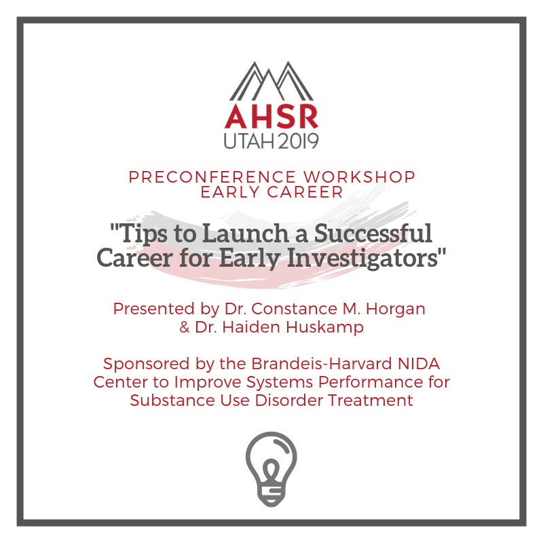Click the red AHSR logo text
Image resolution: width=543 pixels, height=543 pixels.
271,116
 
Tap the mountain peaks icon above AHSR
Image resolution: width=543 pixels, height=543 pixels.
271,81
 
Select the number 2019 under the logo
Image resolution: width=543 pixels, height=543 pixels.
298,141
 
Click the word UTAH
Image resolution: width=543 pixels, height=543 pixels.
249,141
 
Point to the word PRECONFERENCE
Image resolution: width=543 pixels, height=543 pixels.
212,177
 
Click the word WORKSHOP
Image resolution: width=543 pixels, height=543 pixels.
360,177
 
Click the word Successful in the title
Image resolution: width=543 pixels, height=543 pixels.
373,233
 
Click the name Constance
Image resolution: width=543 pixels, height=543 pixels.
294,309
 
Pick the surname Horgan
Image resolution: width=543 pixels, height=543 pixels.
396,310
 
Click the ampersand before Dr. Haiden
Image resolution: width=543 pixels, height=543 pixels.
185,327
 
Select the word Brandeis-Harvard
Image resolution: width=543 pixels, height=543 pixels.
322,364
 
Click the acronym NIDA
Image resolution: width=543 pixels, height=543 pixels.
419,364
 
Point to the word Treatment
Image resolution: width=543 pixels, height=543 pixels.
371,400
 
